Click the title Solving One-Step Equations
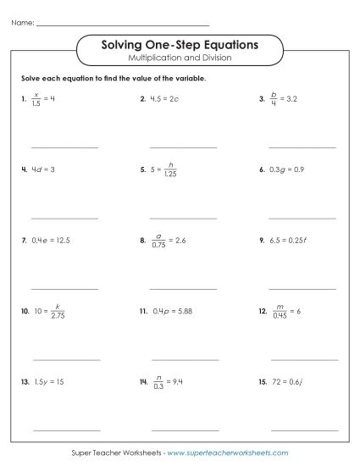click(180, 44)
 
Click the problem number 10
click(25, 312)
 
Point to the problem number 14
click(143, 383)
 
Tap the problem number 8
click(143, 241)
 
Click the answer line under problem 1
click(64, 147)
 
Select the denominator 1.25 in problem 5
click(171, 175)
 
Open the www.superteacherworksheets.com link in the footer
click(222, 454)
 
